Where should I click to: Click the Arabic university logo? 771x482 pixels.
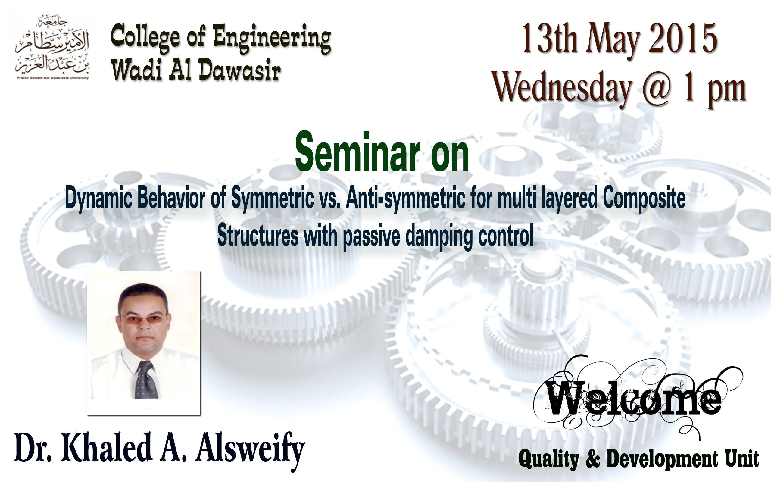pos(52,48)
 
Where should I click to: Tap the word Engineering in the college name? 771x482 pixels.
pos(272,39)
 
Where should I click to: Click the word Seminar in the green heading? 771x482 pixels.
pos(357,152)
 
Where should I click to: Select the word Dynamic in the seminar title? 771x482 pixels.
pos(98,199)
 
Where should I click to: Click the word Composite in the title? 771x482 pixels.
pos(644,199)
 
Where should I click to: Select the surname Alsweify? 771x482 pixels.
pos(250,449)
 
